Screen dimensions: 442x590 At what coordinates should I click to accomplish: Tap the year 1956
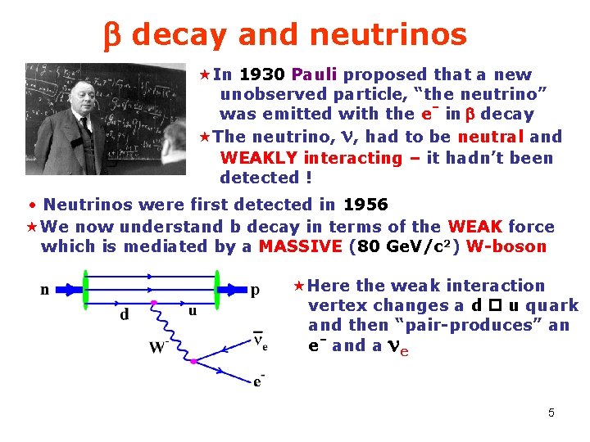(x=365, y=205)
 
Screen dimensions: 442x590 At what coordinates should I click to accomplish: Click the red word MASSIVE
(x=300, y=246)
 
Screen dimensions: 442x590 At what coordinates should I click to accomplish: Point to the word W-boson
(x=506, y=246)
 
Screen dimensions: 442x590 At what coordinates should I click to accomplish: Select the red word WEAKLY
(x=259, y=157)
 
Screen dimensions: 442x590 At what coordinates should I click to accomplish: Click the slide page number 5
(x=551, y=413)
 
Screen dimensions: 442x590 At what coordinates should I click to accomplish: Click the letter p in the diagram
(x=255, y=289)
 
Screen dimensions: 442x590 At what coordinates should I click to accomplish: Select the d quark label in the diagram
(x=125, y=315)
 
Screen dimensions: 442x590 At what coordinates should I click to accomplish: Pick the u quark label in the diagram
(x=193, y=311)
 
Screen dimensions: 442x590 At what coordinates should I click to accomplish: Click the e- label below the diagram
(x=259, y=380)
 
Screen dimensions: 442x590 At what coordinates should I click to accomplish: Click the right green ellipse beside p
(x=220, y=287)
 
